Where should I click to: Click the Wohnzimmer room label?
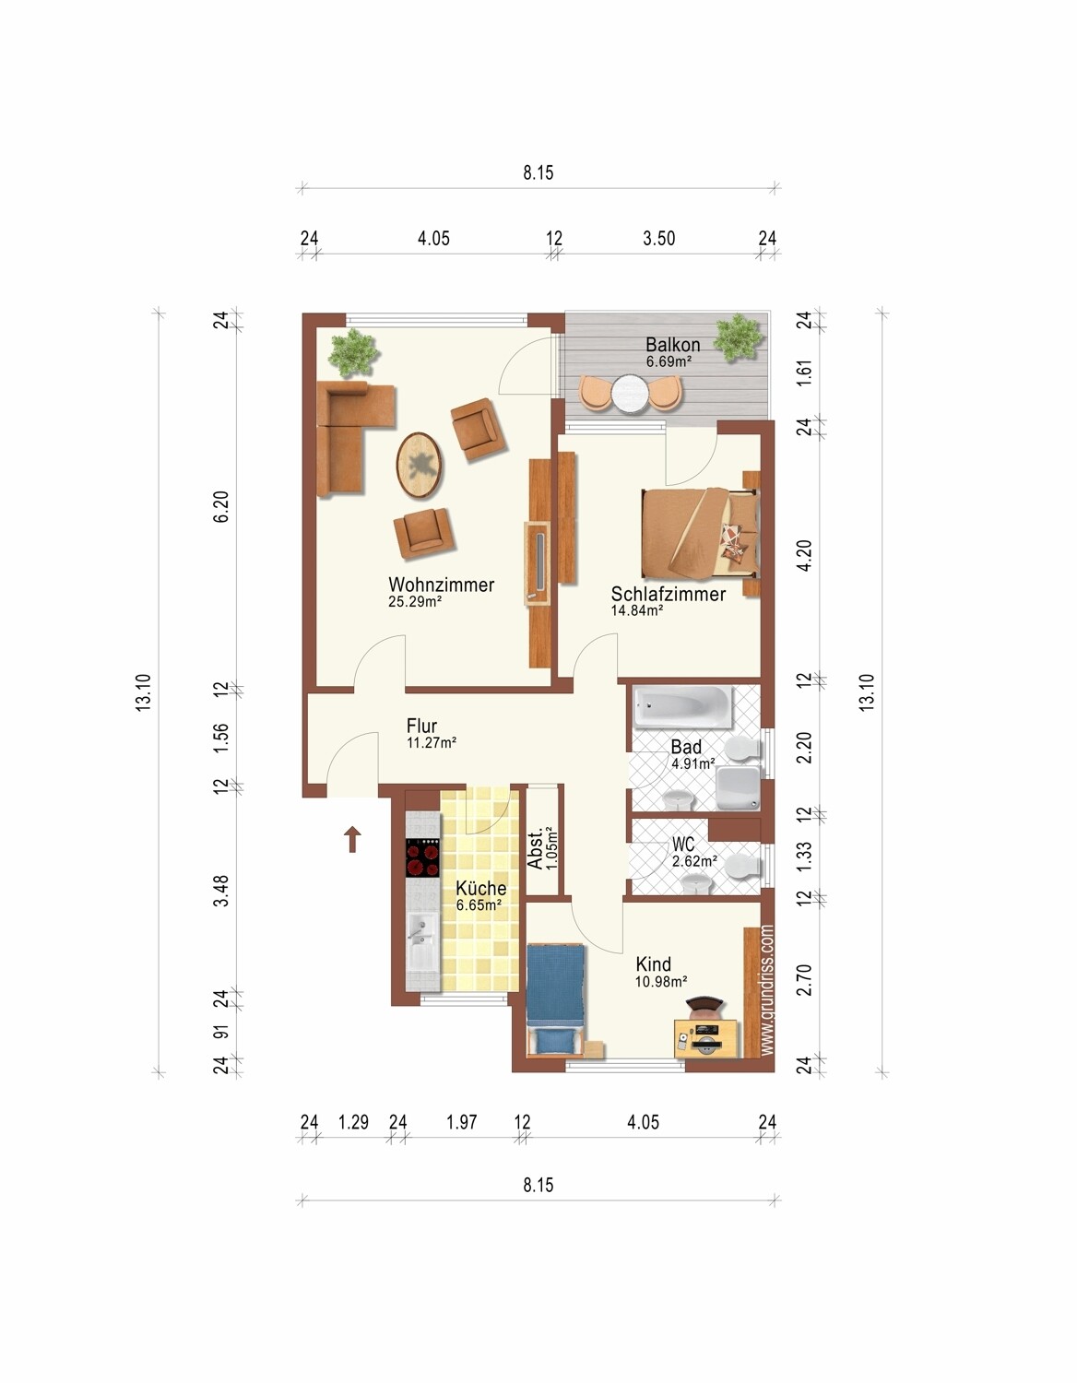441,585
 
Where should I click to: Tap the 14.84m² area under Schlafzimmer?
637,610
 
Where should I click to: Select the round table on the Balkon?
630,394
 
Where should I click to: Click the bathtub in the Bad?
683,706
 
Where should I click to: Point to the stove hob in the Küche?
423,858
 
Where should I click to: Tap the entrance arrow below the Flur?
352,839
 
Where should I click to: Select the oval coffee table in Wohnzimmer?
420,464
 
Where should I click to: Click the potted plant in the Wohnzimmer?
354,352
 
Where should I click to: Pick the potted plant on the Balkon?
739,338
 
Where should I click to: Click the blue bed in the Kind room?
557,999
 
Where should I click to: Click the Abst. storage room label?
536,848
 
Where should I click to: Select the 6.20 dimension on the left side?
220,506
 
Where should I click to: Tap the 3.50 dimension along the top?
658,239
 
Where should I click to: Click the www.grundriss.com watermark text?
767,990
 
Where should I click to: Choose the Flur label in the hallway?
422,726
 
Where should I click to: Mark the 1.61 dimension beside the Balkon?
805,372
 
